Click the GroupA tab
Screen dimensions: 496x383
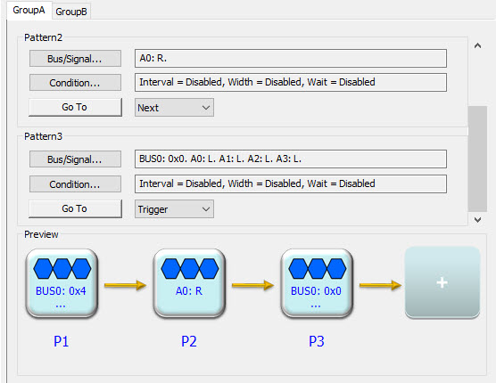point(29,11)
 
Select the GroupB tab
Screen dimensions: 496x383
point(71,12)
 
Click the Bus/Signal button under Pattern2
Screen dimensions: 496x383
point(75,59)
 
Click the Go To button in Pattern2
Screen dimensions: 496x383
point(75,107)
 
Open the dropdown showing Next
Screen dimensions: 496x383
point(174,108)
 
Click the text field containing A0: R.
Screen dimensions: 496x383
point(291,58)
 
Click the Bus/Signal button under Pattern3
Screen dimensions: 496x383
point(75,159)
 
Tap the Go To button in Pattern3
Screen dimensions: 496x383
point(75,208)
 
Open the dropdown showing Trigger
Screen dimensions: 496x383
point(174,208)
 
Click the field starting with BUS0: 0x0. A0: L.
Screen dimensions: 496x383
point(291,159)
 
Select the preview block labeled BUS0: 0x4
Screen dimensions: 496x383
point(62,283)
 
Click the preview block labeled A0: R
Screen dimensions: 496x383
point(189,283)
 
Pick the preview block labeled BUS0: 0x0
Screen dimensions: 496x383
point(317,283)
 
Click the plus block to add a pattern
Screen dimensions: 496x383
point(442,282)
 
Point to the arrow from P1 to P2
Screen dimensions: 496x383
point(125,285)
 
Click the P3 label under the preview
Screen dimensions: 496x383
point(317,341)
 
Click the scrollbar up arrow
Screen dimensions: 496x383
point(477,45)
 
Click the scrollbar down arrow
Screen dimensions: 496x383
point(477,219)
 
